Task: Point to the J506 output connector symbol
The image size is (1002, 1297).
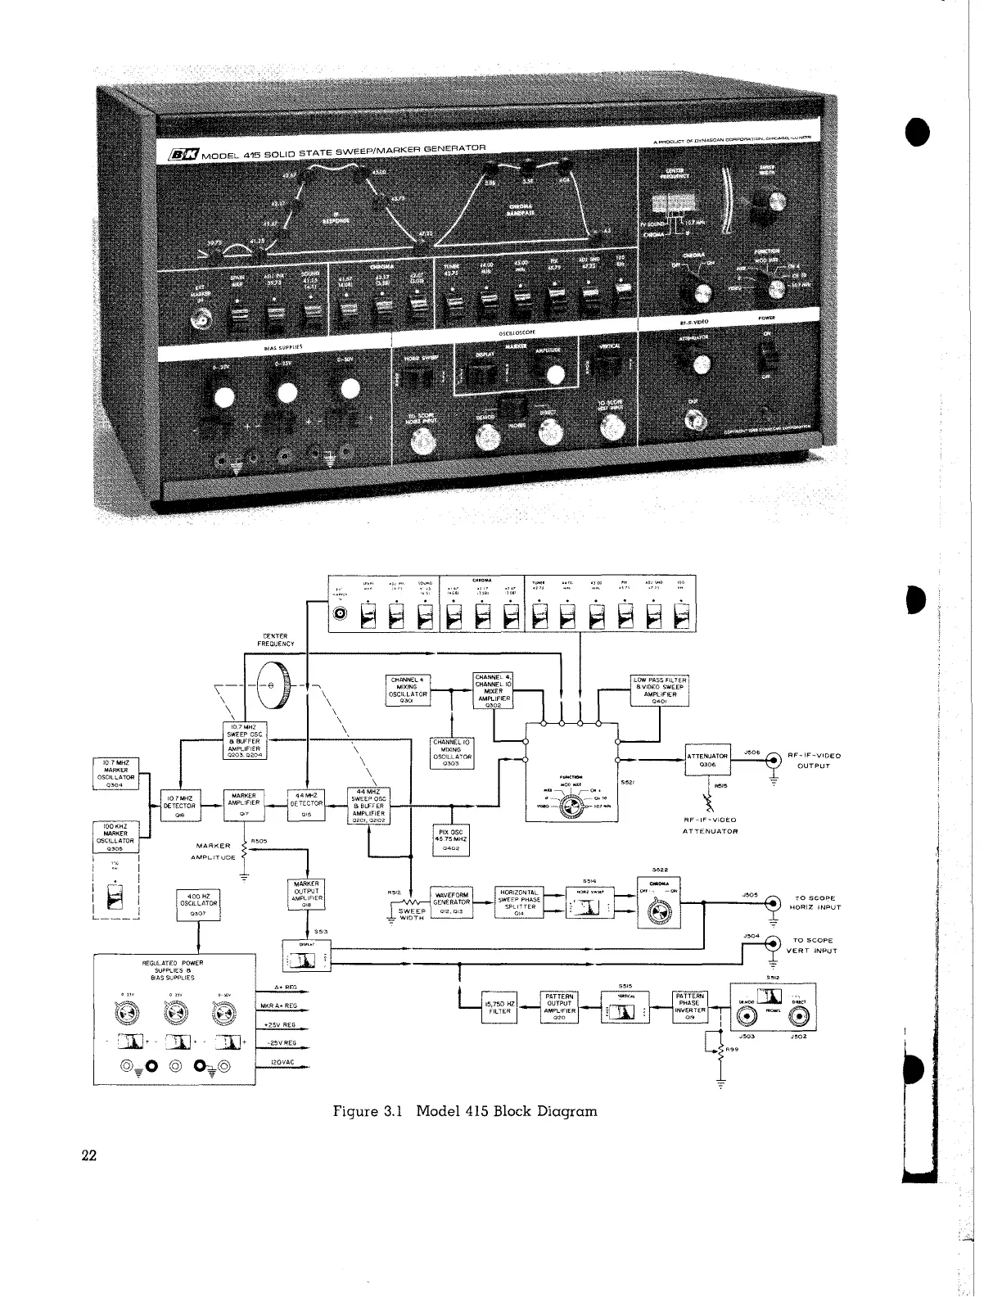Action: coord(771,761)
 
